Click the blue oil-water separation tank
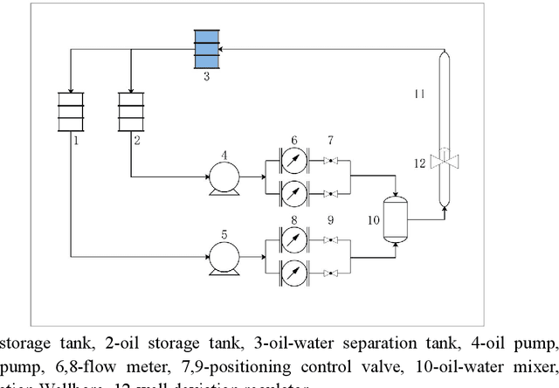(x=206, y=50)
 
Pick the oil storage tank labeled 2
(x=130, y=112)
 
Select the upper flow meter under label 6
(x=294, y=161)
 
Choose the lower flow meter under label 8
(x=294, y=273)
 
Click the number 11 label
(x=419, y=93)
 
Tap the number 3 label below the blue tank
(x=206, y=77)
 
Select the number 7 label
(x=330, y=140)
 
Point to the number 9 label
(x=330, y=220)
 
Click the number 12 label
(x=419, y=162)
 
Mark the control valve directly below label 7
(x=330, y=161)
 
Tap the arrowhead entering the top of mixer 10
(x=397, y=193)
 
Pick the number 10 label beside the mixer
(x=373, y=220)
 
